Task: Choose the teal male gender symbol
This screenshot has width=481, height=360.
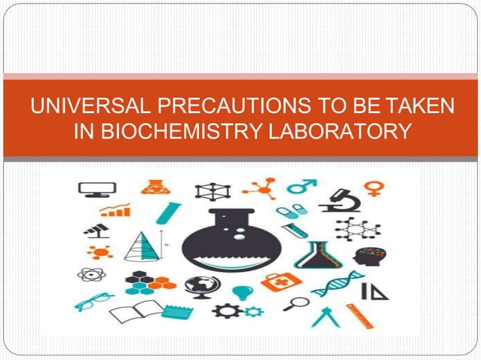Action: [306, 185]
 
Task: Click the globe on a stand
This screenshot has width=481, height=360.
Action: [202, 287]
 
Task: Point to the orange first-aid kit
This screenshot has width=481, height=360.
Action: [280, 282]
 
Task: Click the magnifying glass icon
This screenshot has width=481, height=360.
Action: [298, 305]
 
